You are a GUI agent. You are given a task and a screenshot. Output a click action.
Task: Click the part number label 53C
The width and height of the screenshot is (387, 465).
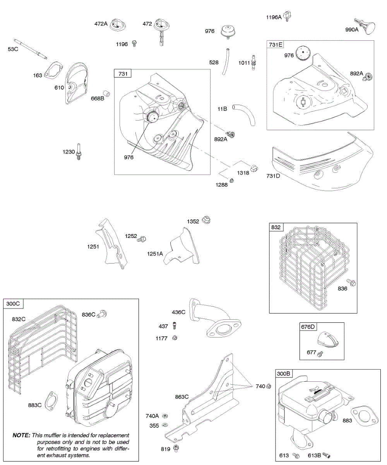point(13,49)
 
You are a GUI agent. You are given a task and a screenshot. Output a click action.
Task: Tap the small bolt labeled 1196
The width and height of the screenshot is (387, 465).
point(134,43)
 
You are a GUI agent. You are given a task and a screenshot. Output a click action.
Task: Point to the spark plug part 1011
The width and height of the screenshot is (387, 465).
point(254,62)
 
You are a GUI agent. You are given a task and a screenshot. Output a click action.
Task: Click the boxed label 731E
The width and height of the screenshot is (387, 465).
point(274,45)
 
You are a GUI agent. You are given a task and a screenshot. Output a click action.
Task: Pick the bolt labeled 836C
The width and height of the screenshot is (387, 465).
point(102,313)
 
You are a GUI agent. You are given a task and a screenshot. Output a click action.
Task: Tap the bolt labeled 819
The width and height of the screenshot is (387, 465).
point(176,448)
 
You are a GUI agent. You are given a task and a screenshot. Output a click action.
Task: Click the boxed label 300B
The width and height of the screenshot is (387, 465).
point(283,374)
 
